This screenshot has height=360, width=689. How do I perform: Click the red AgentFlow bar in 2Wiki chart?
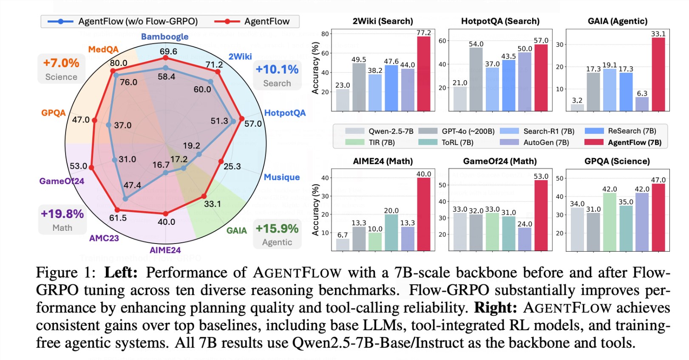423,74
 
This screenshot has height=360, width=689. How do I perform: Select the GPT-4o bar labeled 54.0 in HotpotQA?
476,79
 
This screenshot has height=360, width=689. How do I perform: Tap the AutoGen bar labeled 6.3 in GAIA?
642,104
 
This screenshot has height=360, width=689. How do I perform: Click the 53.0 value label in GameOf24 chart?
541,176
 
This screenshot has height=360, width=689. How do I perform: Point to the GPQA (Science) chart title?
617,161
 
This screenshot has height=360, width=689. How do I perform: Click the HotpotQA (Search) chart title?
500,21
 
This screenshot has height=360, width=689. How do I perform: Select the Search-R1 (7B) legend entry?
537,131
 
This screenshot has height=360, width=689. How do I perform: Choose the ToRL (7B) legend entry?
446,142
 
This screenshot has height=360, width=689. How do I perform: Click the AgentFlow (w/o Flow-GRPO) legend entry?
123,21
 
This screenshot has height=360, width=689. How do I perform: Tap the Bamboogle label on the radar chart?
164,37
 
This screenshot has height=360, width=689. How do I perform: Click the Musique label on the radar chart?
281,177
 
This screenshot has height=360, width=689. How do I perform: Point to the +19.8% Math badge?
62,219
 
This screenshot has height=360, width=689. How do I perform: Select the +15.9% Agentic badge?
277,234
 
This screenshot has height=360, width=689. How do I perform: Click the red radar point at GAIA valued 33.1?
204,196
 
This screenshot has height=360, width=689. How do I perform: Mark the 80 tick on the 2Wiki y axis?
325,34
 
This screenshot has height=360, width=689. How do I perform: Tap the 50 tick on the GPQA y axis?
560,179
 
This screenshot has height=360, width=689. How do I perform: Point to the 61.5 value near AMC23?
118,218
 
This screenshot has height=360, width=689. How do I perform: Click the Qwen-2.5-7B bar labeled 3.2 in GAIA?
577,108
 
